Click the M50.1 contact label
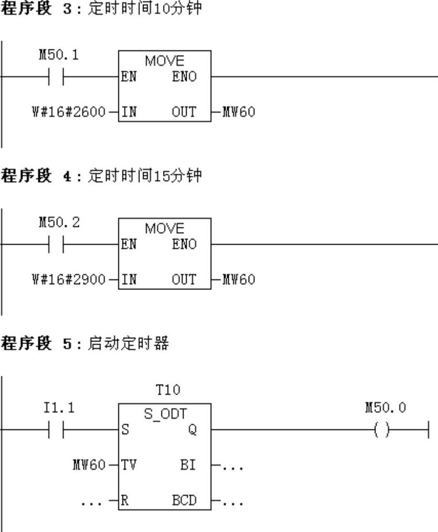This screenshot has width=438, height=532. [x=59, y=55]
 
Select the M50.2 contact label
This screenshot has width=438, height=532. [x=59, y=223]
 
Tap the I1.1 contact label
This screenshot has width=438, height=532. [x=59, y=408]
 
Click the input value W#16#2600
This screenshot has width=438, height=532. [x=69, y=112]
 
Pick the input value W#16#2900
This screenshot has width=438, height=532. [x=69, y=279]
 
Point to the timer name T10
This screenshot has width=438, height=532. [x=167, y=390]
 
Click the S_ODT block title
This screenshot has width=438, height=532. [x=165, y=414]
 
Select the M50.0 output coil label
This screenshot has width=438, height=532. [x=385, y=408]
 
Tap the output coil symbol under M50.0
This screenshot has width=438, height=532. [x=382, y=430]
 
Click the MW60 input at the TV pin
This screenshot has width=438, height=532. [x=89, y=465]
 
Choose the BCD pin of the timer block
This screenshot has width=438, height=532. [x=184, y=500]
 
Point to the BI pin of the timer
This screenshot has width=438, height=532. [x=188, y=465]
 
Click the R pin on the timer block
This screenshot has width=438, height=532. [x=125, y=500]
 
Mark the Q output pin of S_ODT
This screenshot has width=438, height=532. [x=192, y=430]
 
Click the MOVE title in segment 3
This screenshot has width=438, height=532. [x=165, y=61]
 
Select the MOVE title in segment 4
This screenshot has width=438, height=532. [x=165, y=228]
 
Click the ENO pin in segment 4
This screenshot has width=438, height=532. [x=184, y=244]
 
